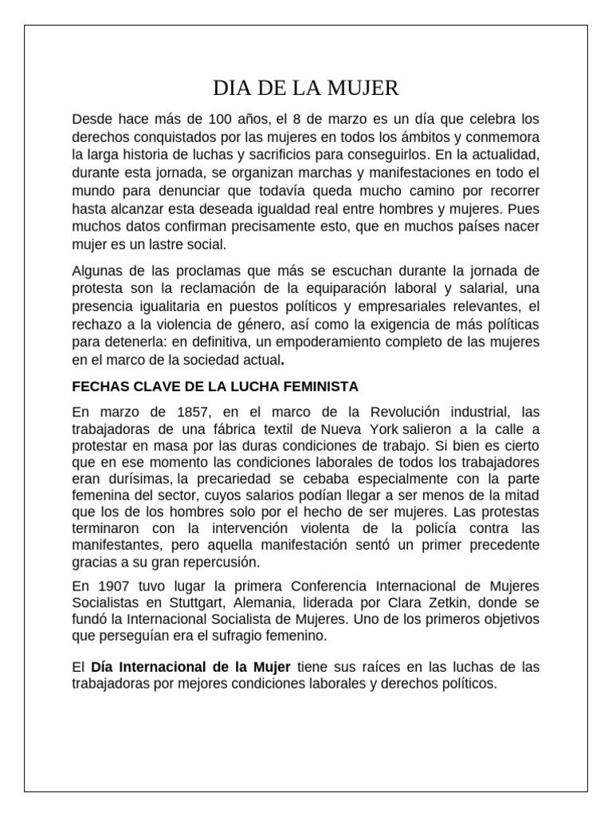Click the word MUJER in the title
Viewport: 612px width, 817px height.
pos(363,86)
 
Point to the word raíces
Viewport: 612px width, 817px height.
pos(379,666)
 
